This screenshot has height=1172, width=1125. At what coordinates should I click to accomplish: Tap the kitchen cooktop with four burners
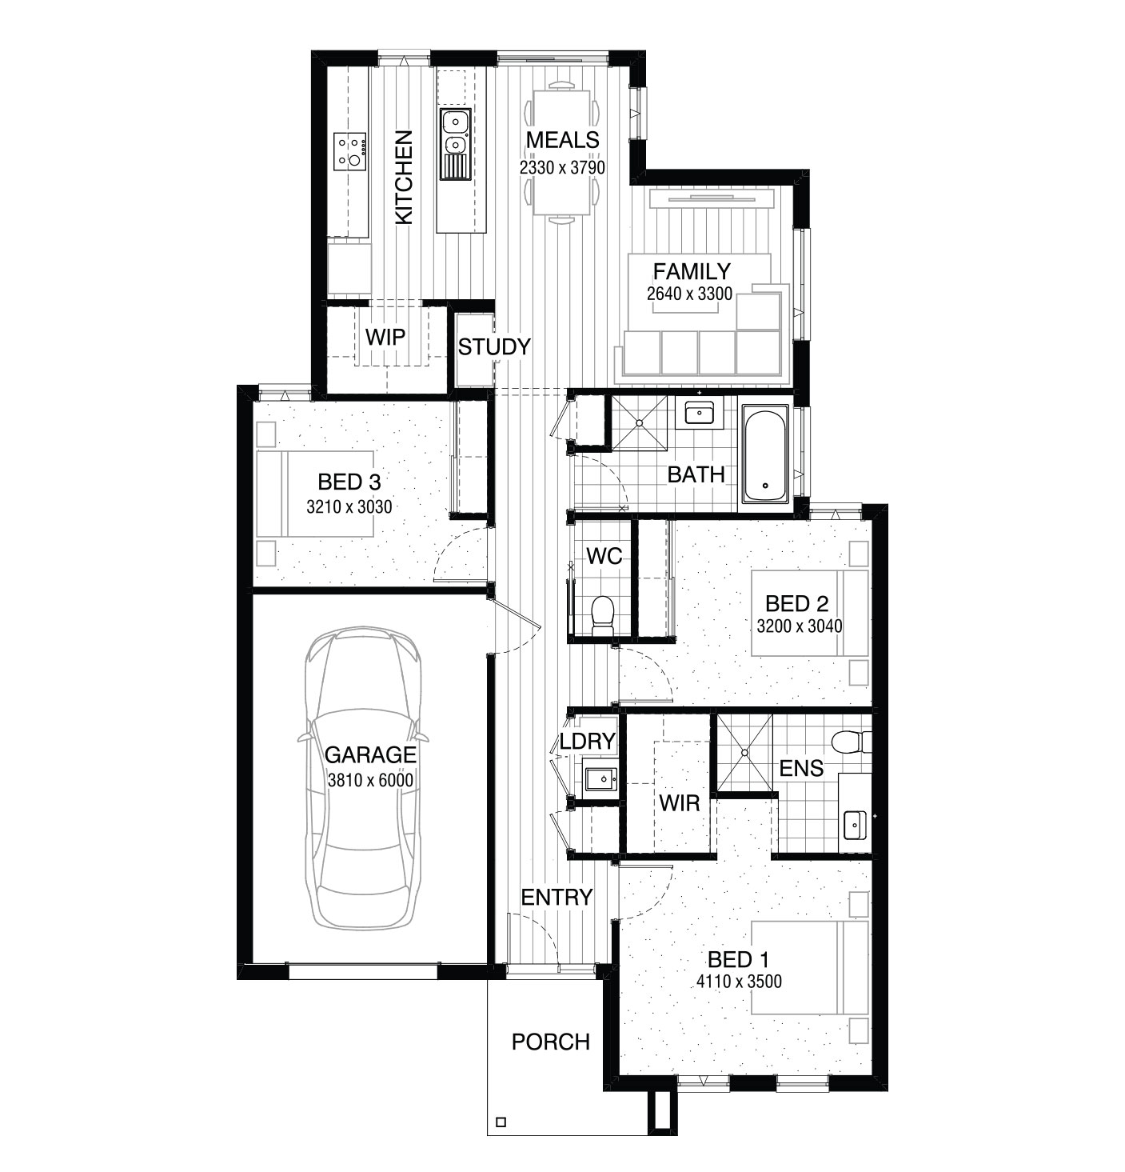point(350,151)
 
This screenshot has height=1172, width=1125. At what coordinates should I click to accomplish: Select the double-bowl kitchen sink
point(455,144)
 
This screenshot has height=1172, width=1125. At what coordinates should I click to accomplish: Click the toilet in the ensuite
point(852,742)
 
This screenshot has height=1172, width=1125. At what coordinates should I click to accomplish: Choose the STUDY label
point(494,347)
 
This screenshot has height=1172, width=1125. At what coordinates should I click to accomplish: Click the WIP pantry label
point(385,338)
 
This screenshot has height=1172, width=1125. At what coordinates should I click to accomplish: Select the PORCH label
point(551,1042)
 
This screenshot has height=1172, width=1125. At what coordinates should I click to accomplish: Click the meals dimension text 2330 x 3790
point(562,167)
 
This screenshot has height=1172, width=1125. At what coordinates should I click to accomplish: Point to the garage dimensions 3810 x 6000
point(370,781)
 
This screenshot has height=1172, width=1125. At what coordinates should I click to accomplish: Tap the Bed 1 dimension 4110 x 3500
point(739,981)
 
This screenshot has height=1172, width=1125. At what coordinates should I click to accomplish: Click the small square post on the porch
point(501,1122)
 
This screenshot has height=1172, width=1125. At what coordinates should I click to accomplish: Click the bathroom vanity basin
point(700,414)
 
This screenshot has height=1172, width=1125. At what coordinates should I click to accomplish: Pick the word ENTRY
point(557,898)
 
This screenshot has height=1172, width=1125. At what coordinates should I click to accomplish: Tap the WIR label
point(680,803)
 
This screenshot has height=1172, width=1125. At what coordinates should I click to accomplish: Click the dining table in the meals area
point(561,152)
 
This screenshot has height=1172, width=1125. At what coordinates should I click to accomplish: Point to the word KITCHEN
point(404,178)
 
